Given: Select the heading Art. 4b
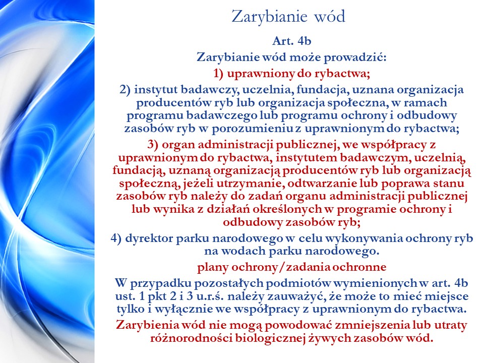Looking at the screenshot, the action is click(292, 41).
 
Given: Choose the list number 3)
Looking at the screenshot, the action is click(153, 145).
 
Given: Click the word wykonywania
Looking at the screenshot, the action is click(364, 238).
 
